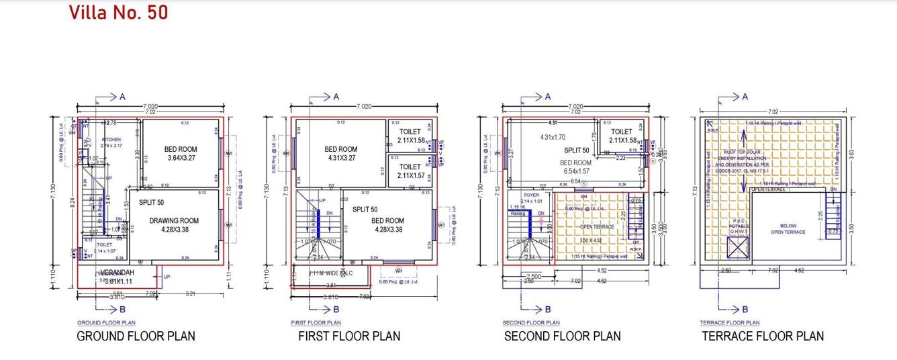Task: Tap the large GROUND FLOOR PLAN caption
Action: [x=136, y=336]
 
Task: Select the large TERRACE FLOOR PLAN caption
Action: [x=763, y=336]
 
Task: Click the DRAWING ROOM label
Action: [x=174, y=220]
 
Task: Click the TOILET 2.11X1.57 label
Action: [x=410, y=171]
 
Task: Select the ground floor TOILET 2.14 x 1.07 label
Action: [x=104, y=248]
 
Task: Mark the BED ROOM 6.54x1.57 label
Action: [x=575, y=167]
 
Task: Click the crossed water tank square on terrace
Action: [x=736, y=248]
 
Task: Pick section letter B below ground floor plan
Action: [x=122, y=310]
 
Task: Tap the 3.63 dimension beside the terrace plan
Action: [x=851, y=153]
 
